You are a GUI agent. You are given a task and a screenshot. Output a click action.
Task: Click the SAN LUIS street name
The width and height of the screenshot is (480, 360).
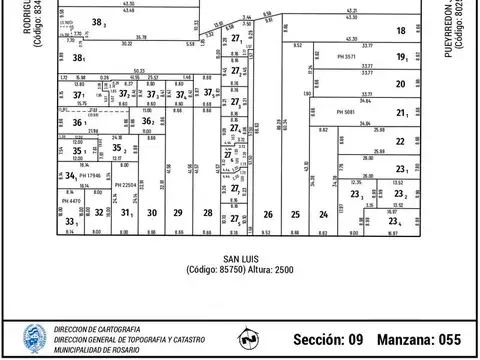point(240,259)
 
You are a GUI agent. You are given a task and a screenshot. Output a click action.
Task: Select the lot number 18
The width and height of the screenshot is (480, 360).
point(400,31)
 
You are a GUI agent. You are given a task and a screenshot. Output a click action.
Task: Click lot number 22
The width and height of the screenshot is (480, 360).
point(400,142)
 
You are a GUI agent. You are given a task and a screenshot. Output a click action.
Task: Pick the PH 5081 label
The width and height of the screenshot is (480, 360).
point(346,112)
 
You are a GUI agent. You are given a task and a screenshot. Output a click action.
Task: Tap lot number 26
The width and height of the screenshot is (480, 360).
point(268,214)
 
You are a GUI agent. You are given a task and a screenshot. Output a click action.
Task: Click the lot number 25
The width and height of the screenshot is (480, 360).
point(295,214)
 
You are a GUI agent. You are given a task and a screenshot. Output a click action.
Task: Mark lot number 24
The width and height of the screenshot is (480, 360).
point(323,214)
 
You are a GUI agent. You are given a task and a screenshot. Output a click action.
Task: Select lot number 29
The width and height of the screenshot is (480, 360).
point(177,213)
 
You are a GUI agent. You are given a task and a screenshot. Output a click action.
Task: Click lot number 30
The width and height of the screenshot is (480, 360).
point(151,213)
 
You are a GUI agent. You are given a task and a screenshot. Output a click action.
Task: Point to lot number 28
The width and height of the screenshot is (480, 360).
point(207,213)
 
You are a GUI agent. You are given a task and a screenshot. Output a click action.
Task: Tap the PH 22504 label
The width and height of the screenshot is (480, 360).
point(125,185)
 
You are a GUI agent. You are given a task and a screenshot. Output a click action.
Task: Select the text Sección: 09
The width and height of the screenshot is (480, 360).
point(329,340)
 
